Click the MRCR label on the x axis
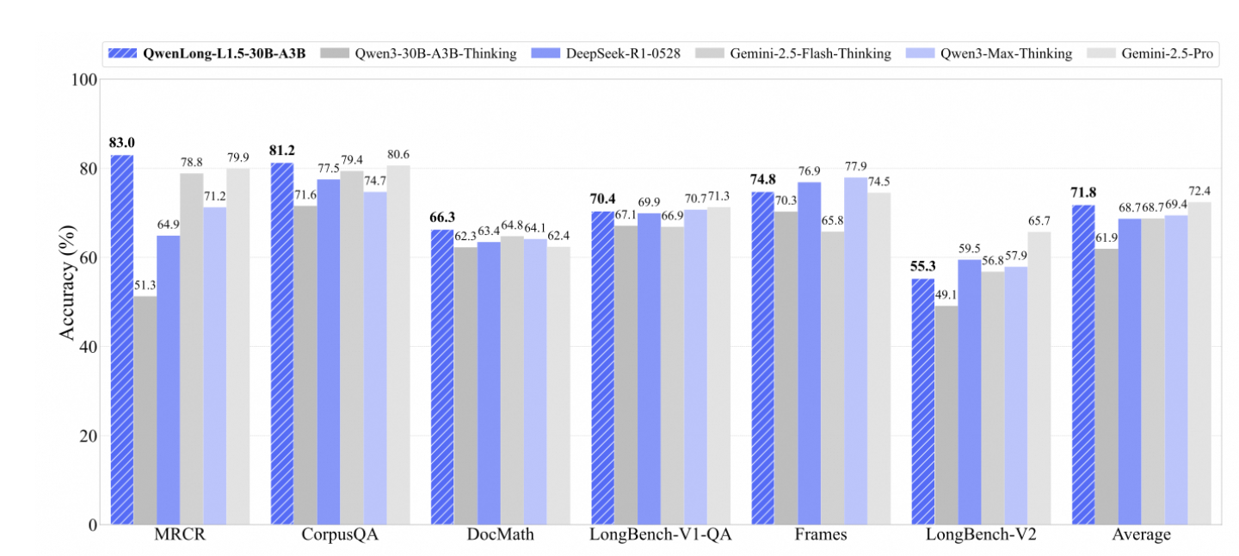tap(180, 535)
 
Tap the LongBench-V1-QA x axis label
tap(660, 535)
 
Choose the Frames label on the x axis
tap(821, 535)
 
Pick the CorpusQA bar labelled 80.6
tap(398, 345)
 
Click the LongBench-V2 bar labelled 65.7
tap(1039, 379)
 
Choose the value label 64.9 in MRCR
tap(169, 225)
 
